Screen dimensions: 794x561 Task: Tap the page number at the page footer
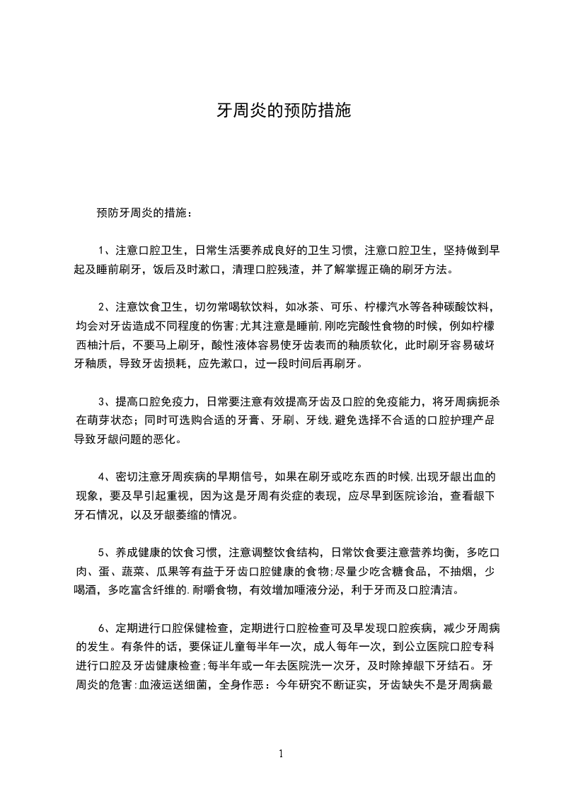[x=281, y=753]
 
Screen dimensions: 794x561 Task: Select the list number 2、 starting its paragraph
[x=103, y=308]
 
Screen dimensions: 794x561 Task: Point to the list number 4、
[x=103, y=475]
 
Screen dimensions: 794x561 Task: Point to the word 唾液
[x=313, y=589]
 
